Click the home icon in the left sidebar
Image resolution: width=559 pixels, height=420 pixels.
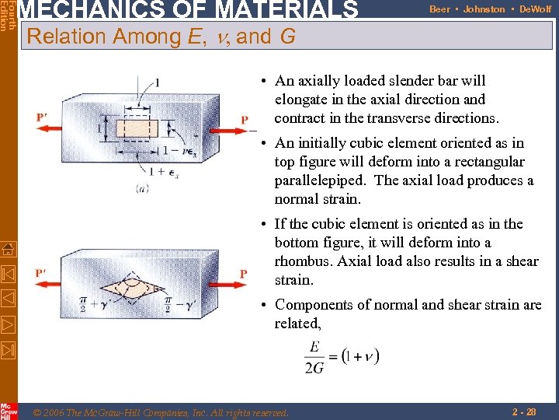point(8,250)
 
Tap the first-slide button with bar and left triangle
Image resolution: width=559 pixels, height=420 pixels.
point(8,275)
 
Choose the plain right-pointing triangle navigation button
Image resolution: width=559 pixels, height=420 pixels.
point(8,323)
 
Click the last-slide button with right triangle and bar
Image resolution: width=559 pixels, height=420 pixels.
point(8,347)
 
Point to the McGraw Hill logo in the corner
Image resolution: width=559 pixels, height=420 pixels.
point(8,411)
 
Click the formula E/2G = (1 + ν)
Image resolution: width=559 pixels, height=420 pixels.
point(342,357)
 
